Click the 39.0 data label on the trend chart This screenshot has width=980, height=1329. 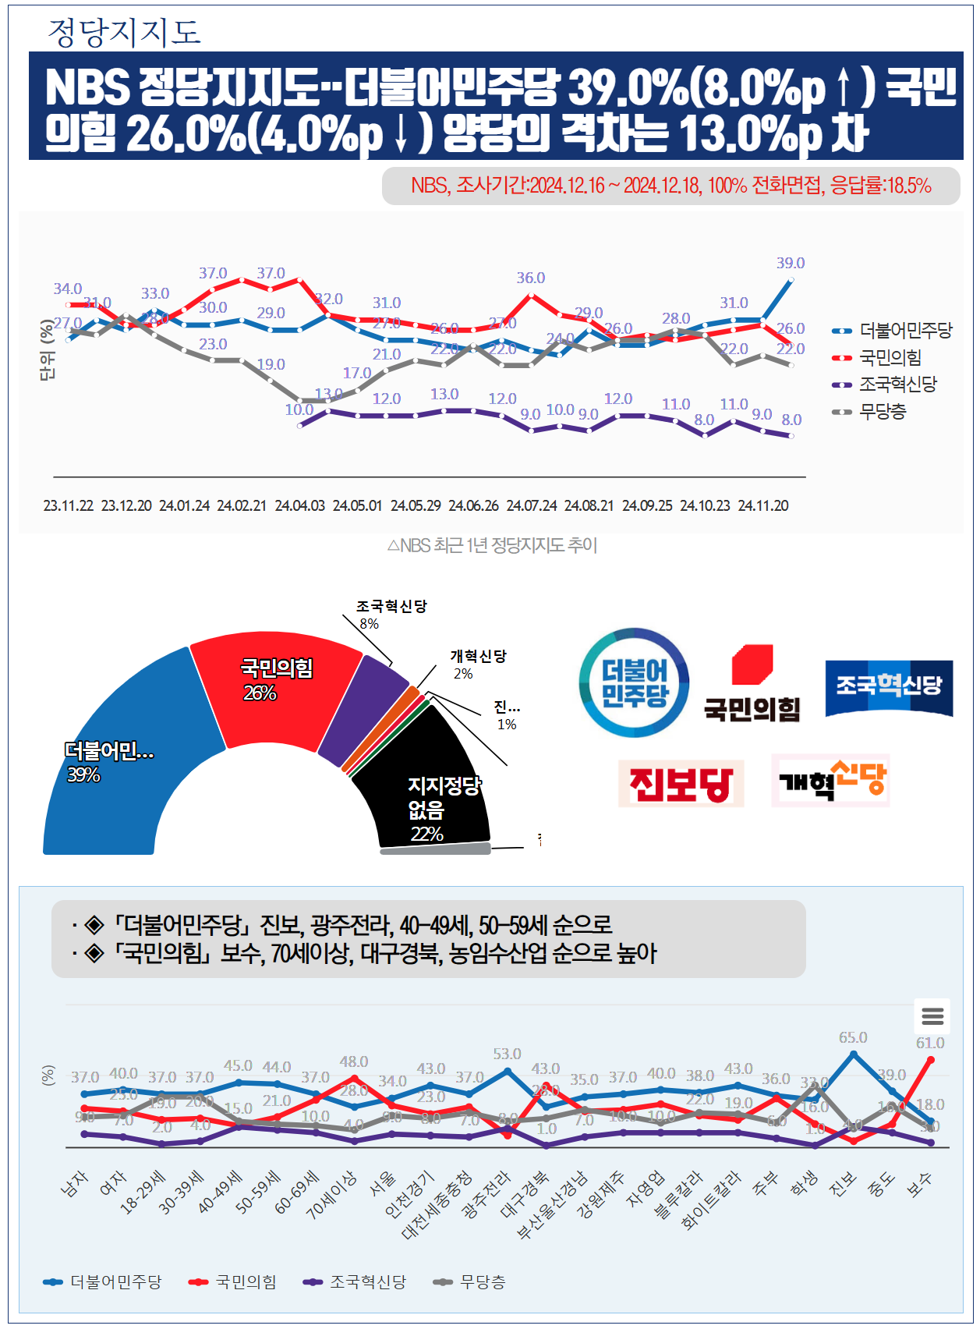790,264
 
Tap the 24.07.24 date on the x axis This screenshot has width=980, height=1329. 532,506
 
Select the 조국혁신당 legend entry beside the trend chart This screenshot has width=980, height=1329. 897,385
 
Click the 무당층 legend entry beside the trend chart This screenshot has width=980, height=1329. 883,412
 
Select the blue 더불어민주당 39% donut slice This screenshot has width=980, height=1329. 117,772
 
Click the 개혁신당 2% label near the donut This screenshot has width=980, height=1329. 477,664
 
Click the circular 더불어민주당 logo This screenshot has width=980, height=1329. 634,683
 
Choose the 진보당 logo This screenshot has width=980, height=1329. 681,784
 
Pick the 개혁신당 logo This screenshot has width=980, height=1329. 830,781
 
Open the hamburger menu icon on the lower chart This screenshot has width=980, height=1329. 932,1016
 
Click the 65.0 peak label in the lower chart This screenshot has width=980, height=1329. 852,1038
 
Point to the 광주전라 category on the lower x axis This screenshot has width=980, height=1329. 488,1193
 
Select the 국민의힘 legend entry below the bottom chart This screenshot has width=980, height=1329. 234,1282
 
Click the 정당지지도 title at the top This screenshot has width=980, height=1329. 125,32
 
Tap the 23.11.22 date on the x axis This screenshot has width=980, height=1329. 69,506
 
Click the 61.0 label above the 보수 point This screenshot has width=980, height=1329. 929,1044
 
